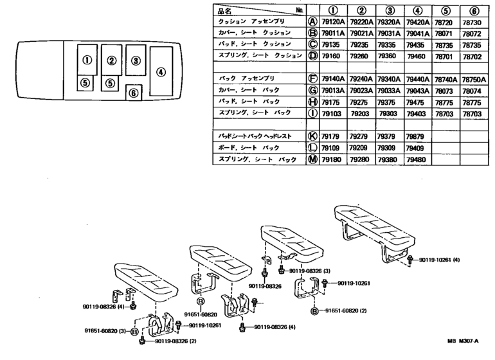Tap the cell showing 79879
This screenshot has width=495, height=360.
click(x=417, y=136)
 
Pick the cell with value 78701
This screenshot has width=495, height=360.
click(x=446, y=56)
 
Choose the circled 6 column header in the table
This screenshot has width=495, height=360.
click(x=475, y=10)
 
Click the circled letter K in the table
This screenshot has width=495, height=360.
click(x=313, y=136)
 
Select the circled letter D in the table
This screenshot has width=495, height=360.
click(x=313, y=56)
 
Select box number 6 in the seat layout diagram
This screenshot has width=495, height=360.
click(x=133, y=93)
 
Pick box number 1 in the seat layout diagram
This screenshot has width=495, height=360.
click(x=87, y=61)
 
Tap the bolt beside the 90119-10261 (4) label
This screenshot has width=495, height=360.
click(x=411, y=259)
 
